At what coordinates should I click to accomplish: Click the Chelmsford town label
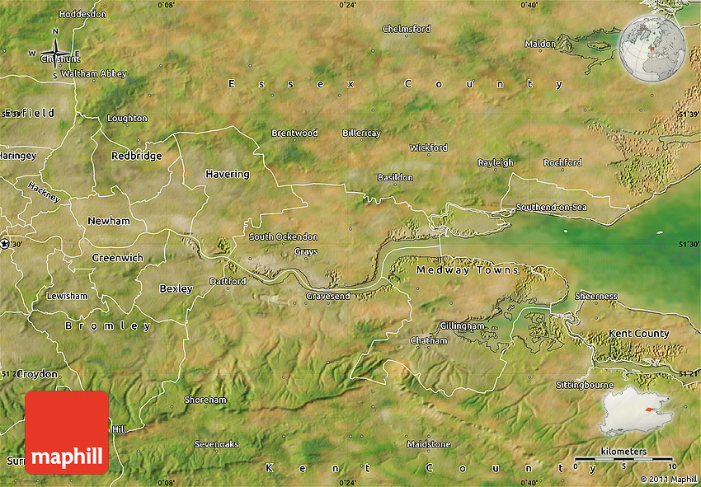(x=406, y=29)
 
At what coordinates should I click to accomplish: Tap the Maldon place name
(x=540, y=44)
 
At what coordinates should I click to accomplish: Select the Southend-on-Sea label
(x=551, y=207)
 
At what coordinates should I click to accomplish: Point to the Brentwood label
(x=294, y=133)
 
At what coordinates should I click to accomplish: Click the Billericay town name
(x=361, y=133)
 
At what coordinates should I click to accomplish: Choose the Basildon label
(x=395, y=178)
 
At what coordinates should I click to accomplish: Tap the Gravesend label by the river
(x=327, y=296)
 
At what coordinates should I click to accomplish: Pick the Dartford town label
(x=228, y=282)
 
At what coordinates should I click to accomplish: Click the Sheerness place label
(x=595, y=296)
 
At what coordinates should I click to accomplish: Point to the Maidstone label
(x=429, y=444)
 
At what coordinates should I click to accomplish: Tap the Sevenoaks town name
(x=216, y=444)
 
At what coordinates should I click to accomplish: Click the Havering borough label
(x=228, y=174)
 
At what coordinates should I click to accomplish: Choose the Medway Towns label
(x=468, y=270)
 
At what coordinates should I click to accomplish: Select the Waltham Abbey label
(x=94, y=74)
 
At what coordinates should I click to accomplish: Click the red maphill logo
(x=67, y=433)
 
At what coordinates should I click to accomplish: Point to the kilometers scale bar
(x=623, y=457)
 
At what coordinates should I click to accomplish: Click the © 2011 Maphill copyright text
(x=668, y=479)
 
